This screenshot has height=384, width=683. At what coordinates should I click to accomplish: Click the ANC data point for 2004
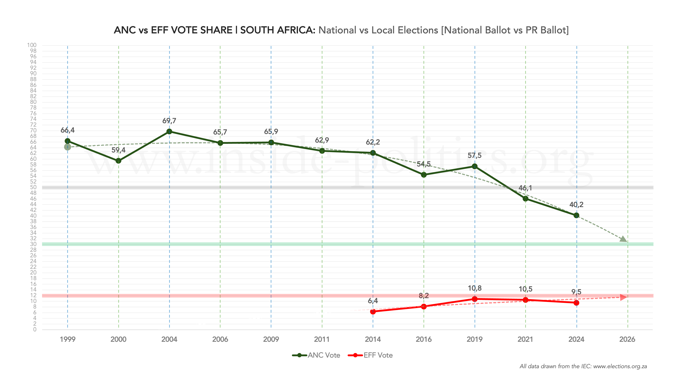point(169,131)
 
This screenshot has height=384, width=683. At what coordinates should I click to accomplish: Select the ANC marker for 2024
point(576,216)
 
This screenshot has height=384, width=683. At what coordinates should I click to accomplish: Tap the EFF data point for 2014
point(373,312)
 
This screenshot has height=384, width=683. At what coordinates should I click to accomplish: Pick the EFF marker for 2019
point(475,299)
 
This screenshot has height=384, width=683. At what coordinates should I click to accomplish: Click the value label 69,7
point(169,121)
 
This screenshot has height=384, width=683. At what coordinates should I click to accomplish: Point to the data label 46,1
point(525,188)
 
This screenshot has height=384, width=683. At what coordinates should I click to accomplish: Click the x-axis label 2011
point(322,339)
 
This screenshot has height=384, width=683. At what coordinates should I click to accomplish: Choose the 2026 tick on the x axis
point(627,339)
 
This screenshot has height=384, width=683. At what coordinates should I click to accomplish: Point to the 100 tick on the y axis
point(32,45)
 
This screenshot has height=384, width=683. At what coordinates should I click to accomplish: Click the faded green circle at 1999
point(68,147)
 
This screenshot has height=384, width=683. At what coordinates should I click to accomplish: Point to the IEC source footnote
point(583,367)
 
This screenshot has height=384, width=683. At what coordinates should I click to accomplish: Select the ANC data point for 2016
point(424,175)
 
